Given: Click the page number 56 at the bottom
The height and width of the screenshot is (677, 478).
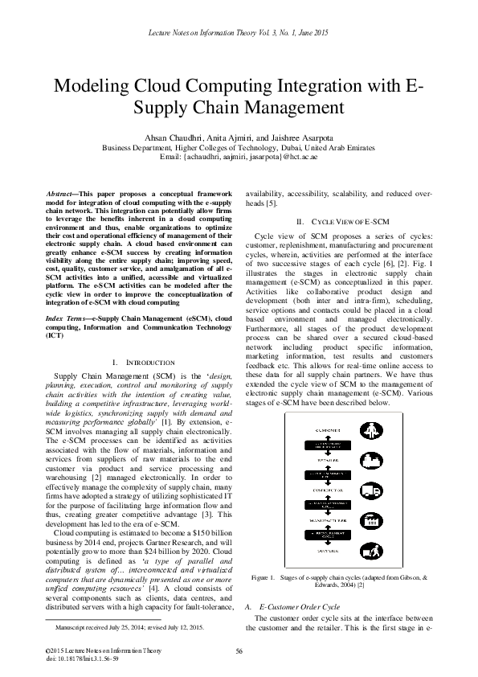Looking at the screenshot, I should point(239,651).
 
